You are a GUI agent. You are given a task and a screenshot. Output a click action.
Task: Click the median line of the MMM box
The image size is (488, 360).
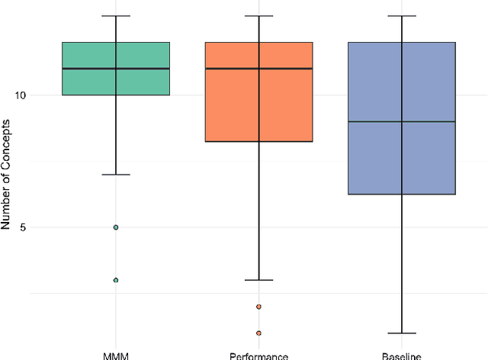[x=116, y=69]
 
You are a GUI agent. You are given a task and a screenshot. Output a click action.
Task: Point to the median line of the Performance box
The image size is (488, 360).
[x=258, y=69]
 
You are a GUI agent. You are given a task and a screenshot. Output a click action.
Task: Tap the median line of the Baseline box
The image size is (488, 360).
[x=401, y=121]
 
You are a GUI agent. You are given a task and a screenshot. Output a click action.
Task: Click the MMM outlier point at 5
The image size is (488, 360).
[x=116, y=227]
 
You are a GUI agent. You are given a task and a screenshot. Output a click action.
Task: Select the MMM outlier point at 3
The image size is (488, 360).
[x=116, y=280]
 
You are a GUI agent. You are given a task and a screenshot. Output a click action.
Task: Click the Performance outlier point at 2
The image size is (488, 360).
[x=258, y=307]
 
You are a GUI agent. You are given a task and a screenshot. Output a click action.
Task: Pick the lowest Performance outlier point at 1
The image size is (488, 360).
[x=258, y=333]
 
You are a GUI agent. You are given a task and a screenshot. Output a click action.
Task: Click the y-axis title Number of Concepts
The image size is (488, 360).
[x=7, y=174]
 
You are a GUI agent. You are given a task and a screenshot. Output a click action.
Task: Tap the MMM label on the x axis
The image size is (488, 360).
[x=116, y=355]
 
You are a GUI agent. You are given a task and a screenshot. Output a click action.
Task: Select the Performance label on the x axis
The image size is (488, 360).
[x=258, y=355]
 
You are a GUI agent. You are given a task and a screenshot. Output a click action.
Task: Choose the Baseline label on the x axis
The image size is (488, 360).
[x=401, y=355]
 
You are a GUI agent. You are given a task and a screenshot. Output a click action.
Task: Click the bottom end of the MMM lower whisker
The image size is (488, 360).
[x=116, y=175]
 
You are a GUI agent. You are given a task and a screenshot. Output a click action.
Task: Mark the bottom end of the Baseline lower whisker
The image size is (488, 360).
[x=401, y=333]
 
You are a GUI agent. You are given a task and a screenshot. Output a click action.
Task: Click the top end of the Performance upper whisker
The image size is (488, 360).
[x=258, y=16]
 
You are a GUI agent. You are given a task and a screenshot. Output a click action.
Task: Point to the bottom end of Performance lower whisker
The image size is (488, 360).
[x=258, y=280]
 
